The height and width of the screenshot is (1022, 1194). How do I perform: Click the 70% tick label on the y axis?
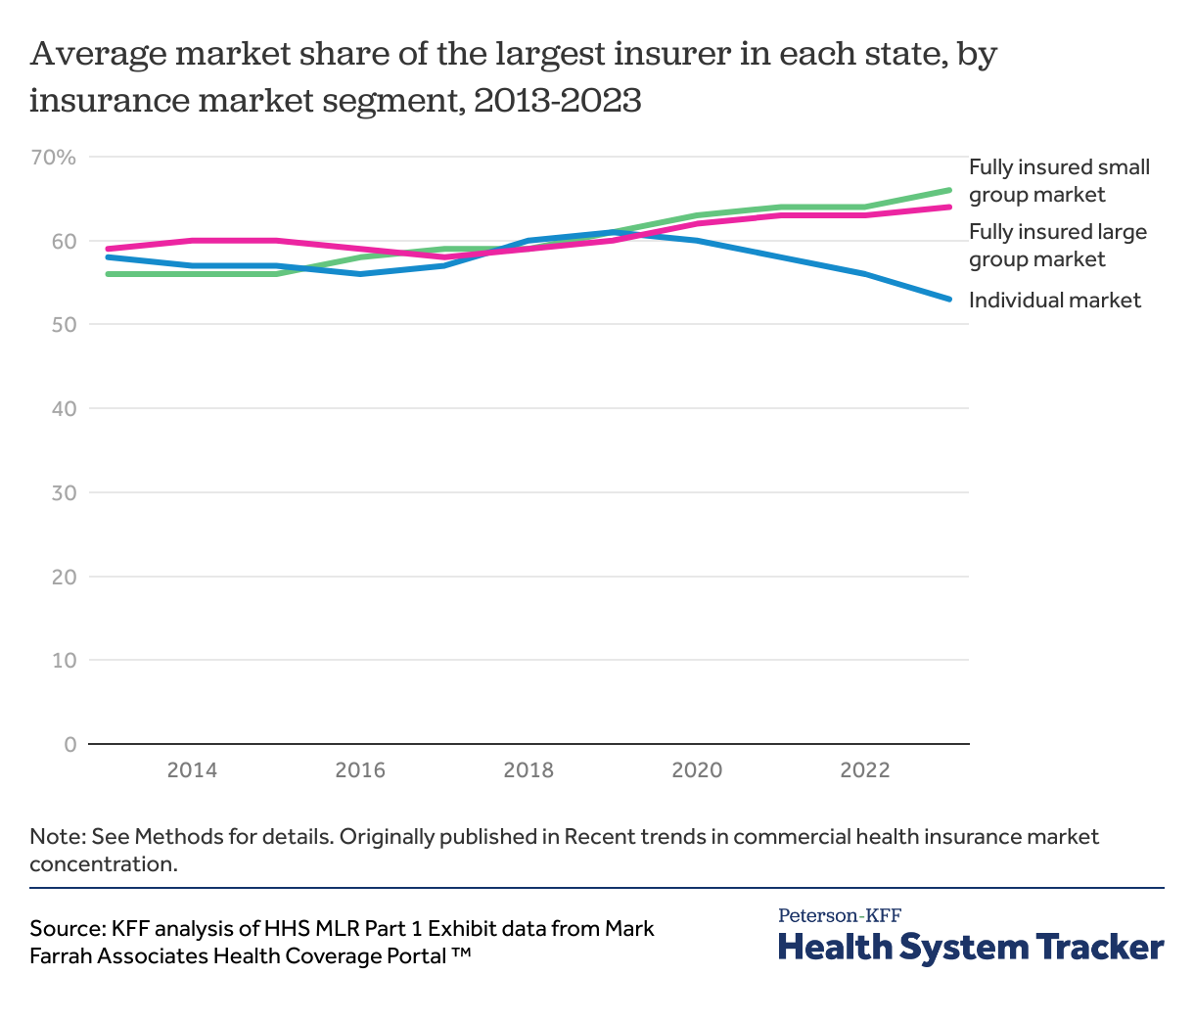(53, 157)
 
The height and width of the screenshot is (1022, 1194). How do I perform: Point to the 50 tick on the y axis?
(64, 324)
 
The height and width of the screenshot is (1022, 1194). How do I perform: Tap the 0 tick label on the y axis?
(69, 744)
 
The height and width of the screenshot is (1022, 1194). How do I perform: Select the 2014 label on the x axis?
(192, 770)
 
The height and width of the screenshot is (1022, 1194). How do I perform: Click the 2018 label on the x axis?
(528, 770)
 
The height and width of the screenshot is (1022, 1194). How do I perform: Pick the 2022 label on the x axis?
(865, 770)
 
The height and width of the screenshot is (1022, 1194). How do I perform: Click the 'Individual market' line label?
(1054, 301)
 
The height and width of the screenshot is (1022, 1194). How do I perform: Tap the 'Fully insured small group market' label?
(1059, 181)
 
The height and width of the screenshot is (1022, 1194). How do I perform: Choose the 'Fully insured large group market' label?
(1057, 246)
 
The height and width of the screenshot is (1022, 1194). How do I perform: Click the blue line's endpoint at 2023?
(949, 299)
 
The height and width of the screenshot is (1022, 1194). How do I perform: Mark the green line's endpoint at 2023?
(949, 190)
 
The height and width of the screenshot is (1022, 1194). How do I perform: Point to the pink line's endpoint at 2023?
(949, 207)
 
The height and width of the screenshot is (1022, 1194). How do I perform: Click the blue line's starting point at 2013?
(108, 256)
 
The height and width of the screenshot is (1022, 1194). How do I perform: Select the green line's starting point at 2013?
(108, 274)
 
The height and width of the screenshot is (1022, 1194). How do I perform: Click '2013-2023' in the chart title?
(557, 100)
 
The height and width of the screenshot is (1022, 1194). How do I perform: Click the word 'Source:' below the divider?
(68, 928)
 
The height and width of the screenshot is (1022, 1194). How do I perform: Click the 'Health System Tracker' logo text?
(971, 948)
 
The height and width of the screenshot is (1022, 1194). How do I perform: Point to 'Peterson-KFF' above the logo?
(840, 915)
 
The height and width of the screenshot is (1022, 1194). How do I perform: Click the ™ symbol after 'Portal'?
(462, 954)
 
